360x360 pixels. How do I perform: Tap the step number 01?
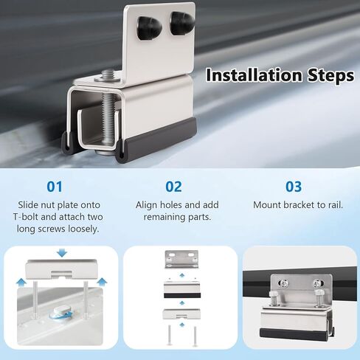[x=55, y=186]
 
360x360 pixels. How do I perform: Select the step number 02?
[x=173, y=186]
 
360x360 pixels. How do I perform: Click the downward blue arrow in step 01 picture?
[x=60, y=253]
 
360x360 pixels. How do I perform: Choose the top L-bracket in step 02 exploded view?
[x=181, y=260]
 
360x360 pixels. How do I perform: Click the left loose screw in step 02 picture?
[x=169, y=335]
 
